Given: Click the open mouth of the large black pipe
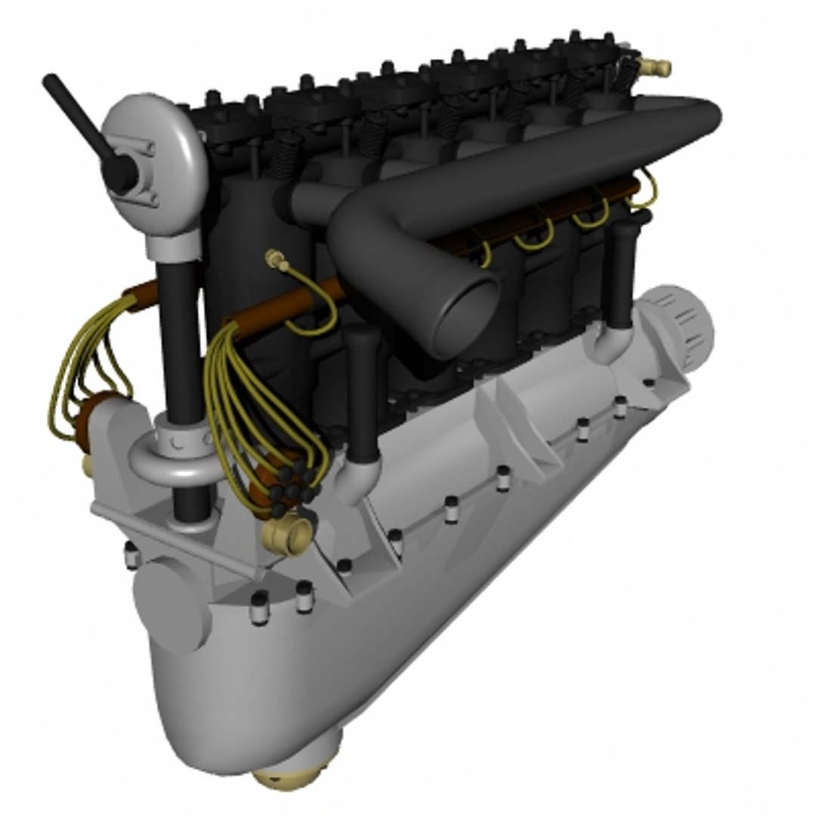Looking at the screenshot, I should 462,317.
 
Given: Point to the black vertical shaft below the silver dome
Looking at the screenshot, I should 181,340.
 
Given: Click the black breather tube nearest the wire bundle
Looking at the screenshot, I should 363,393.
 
